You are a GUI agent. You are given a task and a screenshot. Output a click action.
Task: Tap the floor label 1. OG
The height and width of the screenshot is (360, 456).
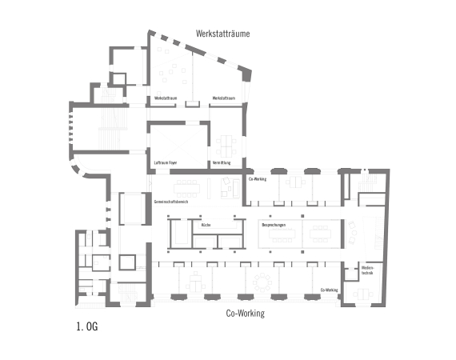pos(86,326)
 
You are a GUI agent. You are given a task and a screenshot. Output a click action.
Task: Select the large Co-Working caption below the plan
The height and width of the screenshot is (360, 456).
pos(245,313)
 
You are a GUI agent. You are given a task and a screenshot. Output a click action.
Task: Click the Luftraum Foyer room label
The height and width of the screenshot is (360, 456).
pos(166,162)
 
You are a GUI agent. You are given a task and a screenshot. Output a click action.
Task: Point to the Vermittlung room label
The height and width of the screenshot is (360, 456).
pos(222,162)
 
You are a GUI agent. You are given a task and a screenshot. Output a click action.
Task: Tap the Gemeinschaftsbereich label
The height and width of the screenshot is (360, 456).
pos(170,202)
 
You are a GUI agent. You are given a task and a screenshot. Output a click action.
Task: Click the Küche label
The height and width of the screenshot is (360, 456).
pos(206,226)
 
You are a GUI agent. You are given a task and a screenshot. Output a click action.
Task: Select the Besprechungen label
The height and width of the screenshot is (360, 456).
pos(274,226)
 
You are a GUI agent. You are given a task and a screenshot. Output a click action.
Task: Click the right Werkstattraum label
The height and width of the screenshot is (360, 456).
pos(223,98)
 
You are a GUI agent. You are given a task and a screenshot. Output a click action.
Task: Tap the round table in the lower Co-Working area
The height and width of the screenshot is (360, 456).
pos(261,282)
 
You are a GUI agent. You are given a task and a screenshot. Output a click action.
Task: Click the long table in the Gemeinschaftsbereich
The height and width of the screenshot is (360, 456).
pos(189,189)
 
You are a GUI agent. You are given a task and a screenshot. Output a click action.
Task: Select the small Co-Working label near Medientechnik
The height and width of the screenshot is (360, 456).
pos(329,290)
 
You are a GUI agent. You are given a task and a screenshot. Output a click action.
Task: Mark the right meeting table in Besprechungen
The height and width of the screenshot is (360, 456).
pos(321,234)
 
